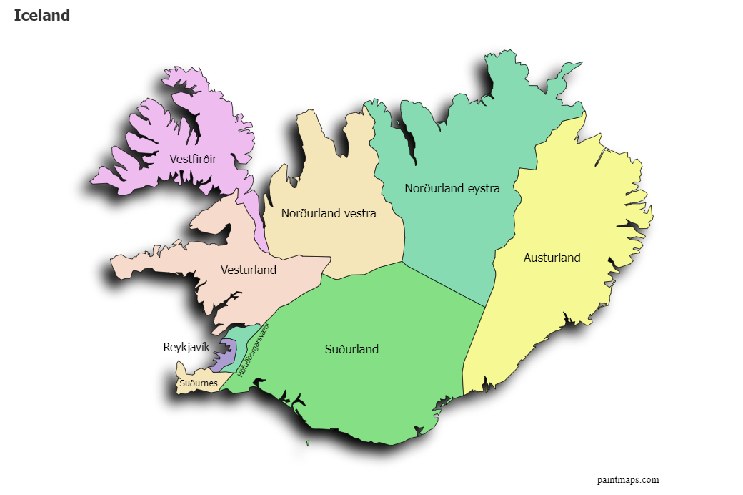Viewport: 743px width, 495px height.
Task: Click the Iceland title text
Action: tap(41, 15)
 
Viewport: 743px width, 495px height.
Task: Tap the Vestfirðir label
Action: tap(193, 158)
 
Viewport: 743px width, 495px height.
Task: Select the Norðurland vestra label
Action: tap(329, 212)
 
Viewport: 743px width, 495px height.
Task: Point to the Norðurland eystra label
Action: tap(452, 188)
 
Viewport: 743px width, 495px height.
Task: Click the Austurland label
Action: tap(552, 258)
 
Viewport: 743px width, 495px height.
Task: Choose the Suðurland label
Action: tap(351, 349)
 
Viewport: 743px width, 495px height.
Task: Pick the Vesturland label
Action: tap(249, 270)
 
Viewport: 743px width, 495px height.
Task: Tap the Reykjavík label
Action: tap(186, 348)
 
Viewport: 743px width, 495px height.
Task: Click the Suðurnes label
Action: tap(199, 383)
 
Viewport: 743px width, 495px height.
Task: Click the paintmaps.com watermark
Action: tap(628, 480)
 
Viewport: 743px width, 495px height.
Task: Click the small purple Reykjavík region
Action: tap(227, 354)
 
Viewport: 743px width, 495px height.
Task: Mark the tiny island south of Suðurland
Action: tap(308, 443)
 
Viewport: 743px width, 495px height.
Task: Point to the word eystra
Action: tap(482, 188)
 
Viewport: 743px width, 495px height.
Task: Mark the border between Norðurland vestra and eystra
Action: tap(386, 179)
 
